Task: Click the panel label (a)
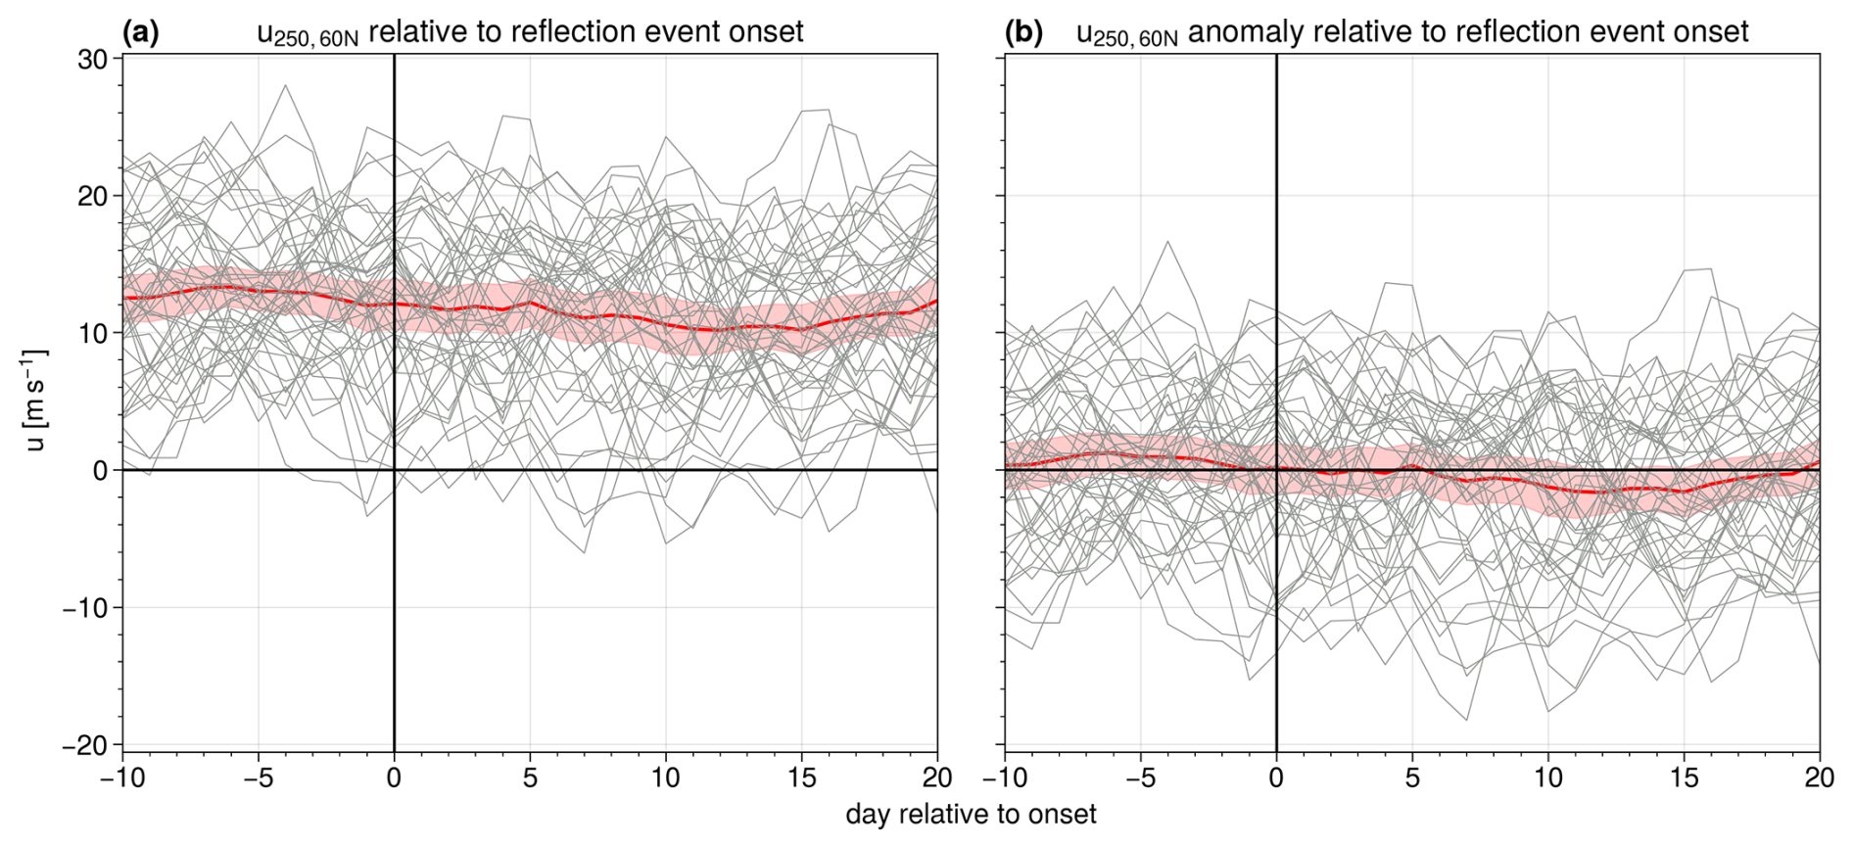[x=140, y=32]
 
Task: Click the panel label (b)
[x=1023, y=32]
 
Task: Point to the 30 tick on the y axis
[x=92, y=59]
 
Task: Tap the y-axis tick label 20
[x=92, y=196]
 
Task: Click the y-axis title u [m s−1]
[x=35, y=400]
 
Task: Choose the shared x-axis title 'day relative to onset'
[x=971, y=815]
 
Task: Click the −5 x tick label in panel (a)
[x=258, y=778]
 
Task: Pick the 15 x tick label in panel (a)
[x=801, y=778]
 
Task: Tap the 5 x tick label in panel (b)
[x=1412, y=778]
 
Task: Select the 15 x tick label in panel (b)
[x=1684, y=778]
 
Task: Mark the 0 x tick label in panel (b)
[x=1276, y=778]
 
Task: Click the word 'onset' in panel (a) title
[x=766, y=32]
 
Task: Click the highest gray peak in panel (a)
[x=285, y=86]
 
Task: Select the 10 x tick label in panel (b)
[x=1547, y=778]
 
